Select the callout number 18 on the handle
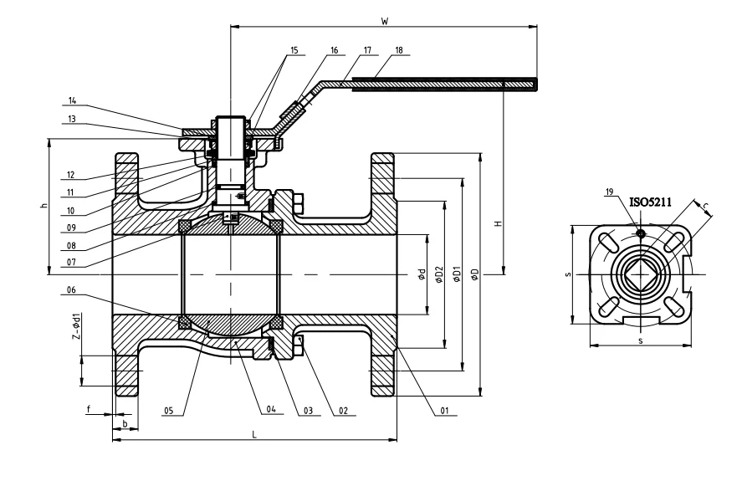click(398, 51)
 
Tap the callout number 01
click(445, 411)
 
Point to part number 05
click(168, 411)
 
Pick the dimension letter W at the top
click(383, 20)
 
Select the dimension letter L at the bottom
click(254, 433)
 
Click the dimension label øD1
click(456, 274)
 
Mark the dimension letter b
click(125, 424)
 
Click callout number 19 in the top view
click(609, 192)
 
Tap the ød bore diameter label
click(422, 274)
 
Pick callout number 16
click(335, 51)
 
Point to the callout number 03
click(308, 411)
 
